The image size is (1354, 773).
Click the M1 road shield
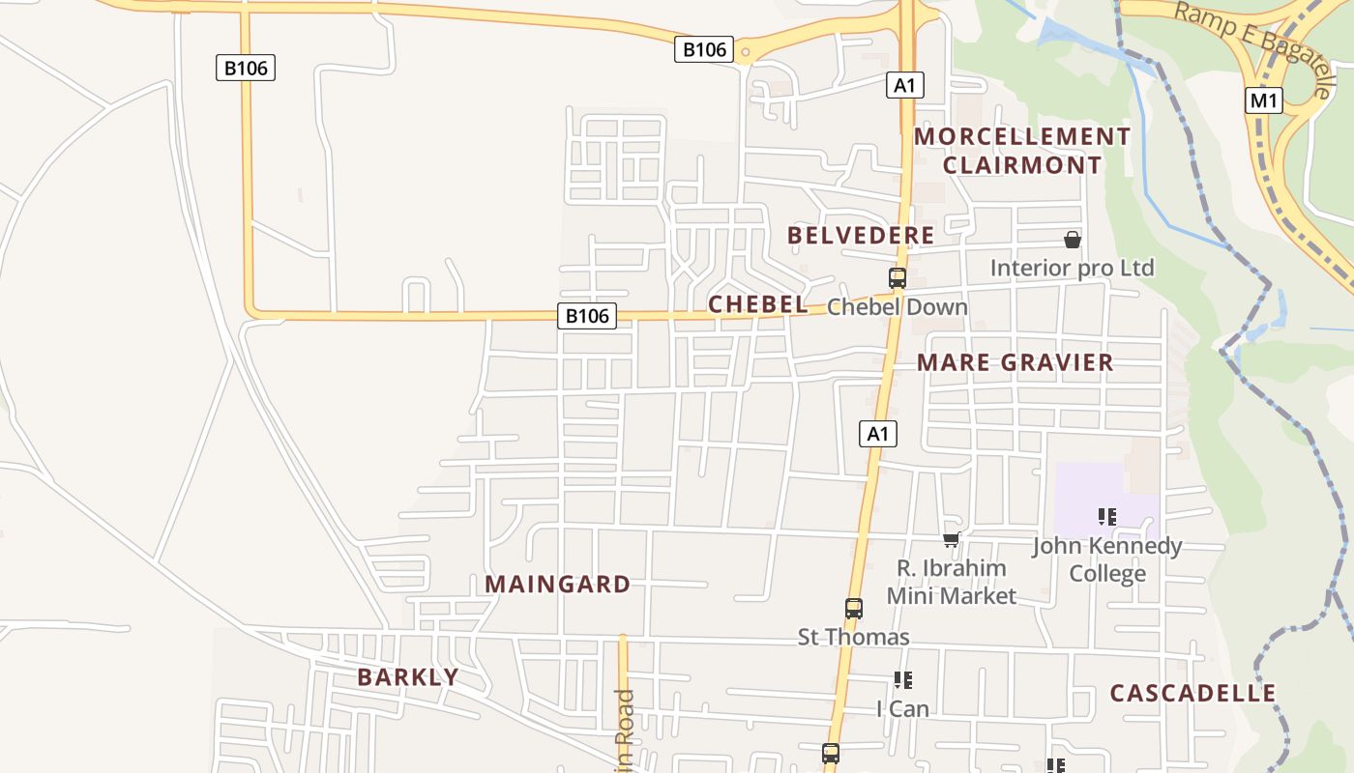[x=1264, y=100]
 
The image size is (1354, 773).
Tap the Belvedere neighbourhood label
[x=861, y=235]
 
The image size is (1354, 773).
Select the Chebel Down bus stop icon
[x=898, y=278]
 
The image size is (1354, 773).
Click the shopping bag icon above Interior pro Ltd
[x=1072, y=240]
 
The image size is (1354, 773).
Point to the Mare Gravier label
[x=1015, y=362]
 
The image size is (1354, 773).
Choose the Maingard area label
[x=557, y=584]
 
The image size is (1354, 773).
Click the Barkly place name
[x=407, y=676]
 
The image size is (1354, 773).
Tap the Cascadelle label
[x=1192, y=693]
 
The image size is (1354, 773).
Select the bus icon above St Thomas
[x=853, y=609]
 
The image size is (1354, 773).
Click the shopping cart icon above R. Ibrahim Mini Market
[x=951, y=540]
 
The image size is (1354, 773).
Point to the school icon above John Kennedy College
[x=1107, y=518]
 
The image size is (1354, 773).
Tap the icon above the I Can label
[x=902, y=680]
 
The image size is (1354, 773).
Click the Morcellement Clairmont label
[x=1022, y=151]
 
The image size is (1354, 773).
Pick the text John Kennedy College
[x=1106, y=559]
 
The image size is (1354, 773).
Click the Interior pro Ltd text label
[x=1072, y=268]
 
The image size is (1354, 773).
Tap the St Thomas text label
[x=853, y=637]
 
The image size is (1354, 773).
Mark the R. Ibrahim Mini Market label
[x=951, y=582]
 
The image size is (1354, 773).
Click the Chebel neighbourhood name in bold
[x=757, y=304]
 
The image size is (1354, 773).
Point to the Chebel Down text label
[x=897, y=307]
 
